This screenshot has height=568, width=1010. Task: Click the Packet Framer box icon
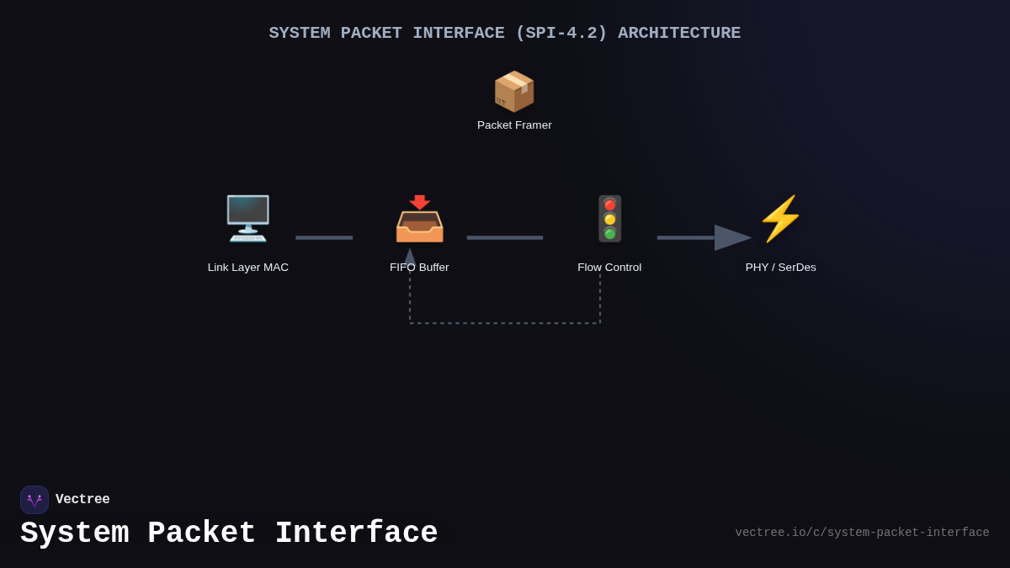pos(514,91)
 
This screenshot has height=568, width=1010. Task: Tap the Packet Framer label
pos(514,125)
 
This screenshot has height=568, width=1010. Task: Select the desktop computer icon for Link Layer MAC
pos(247,218)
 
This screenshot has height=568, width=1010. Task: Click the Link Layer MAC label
pos(248,268)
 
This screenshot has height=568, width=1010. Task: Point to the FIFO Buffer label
pos(419,268)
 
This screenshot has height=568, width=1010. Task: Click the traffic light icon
pos(609,219)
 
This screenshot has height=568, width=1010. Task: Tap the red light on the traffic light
pos(609,204)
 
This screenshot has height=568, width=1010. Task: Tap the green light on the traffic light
pos(609,233)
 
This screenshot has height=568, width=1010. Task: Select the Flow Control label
pos(609,268)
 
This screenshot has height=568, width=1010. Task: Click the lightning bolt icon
pos(781,219)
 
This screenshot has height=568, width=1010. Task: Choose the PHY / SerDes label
pos(780,268)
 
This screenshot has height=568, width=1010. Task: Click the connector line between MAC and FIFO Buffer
pos(324,237)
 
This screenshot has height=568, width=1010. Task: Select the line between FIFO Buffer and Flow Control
pos(505,237)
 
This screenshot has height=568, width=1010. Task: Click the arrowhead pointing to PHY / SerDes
pos(731,237)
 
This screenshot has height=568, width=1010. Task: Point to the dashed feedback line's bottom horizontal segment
pos(505,323)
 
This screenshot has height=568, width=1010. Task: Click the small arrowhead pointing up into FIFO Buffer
pos(410,256)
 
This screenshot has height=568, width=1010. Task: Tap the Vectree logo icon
pos(35,500)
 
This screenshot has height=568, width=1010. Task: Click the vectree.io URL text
pos(862,533)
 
